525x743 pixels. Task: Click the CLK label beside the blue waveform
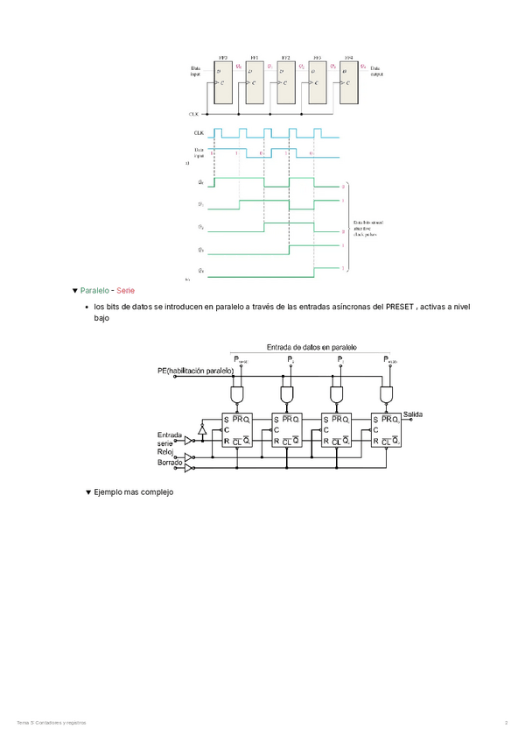tap(199, 133)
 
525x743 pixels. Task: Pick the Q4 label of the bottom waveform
tap(201, 272)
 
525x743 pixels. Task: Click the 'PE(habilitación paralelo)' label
tap(195, 371)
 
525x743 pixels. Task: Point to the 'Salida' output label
tap(413, 413)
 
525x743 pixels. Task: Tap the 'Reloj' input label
tap(167, 452)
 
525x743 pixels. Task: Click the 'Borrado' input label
tap(170, 462)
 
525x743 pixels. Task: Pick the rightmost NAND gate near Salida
tap(385, 396)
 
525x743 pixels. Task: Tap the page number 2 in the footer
tap(506, 722)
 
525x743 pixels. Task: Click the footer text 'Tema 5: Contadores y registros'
tap(52, 722)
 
